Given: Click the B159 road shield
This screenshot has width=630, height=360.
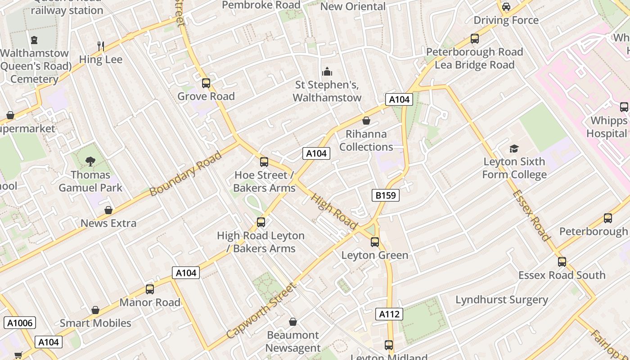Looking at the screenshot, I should pyautogui.click(x=386, y=195).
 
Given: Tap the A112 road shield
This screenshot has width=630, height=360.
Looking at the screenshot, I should pyautogui.click(x=389, y=314).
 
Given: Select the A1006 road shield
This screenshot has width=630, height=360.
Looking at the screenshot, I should pyautogui.click(x=20, y=323).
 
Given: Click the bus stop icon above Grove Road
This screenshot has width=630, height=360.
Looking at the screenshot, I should pyautogui.click(x=206, y=83).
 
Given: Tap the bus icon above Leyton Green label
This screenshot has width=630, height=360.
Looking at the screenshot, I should pyautogui.click(x=375, y=242).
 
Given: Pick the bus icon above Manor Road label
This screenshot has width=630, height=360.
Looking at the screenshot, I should pyautogui.click(x=150, y=289).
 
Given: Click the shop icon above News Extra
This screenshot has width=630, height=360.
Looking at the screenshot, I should pyautogui.click(x=108, y=210).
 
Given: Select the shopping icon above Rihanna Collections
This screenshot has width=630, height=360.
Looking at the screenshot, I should pyautogui.click(x=366, y=121).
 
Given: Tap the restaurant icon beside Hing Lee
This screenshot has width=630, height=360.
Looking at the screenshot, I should pyautogui.click(x=101, y=46).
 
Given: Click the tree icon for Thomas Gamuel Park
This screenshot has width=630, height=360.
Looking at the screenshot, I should pyautogui.click(x=90, y=162).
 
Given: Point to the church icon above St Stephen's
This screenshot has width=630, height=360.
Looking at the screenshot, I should pyautogui.click(x=327, y=72).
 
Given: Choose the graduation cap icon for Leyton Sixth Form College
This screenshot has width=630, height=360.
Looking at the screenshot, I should pyautogui.click(x=514, y=148).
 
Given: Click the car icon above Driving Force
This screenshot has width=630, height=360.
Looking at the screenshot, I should pyautogui.click(x=506, y=7).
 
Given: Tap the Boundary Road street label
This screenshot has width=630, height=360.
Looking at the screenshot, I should pyautogui.click(x=186, y=174).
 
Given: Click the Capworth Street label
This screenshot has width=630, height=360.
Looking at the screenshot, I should pyautogui.click(x=262, y=310).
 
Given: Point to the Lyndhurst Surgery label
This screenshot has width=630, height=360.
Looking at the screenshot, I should pyautogui.click(x=502, y=300).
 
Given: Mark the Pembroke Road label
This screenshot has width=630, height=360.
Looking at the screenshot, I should pyautogui.click(x=261, y=5).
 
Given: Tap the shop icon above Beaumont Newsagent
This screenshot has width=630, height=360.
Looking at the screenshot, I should pyautogui.click(x=293, y=322).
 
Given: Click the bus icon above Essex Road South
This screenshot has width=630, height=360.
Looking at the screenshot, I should pyautogui.click(x=562, y=262).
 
